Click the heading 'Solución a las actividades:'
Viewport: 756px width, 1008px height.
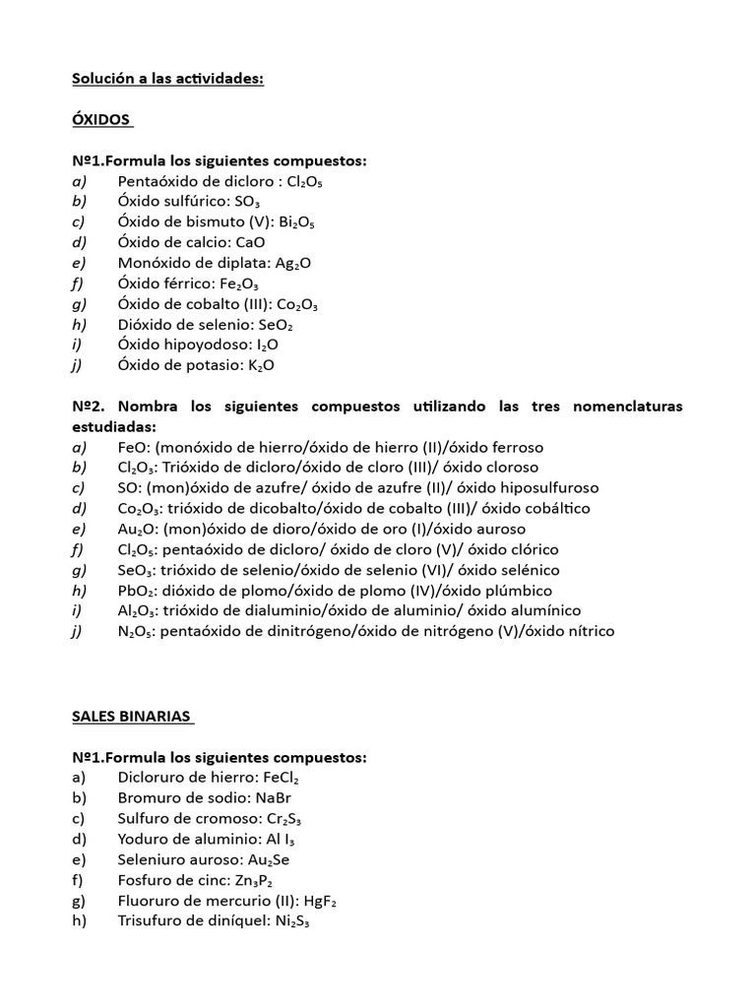(x=167, y=79)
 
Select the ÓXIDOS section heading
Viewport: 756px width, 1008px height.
(x=100, y=119)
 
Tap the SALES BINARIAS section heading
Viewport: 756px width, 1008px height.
(x=131, y=717)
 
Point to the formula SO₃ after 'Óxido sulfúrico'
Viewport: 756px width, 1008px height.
(x=241, y=202)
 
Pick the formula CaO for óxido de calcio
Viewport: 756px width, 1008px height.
(x=250, y=242)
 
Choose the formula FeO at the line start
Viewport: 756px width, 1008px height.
(x=133, y=447)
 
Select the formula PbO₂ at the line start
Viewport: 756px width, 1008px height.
(x=137, y=590)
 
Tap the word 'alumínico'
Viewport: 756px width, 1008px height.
(x=547, y=610)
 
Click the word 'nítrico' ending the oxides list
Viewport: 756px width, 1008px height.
(x=589, y=631)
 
